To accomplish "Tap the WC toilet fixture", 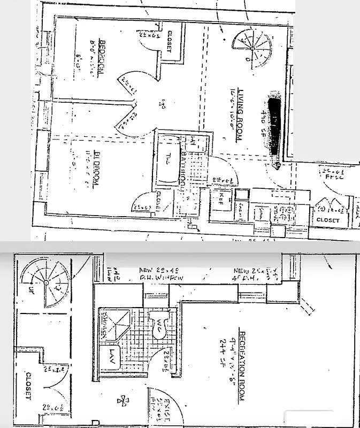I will [159, 327].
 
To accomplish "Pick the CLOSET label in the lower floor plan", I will [28, 386].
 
